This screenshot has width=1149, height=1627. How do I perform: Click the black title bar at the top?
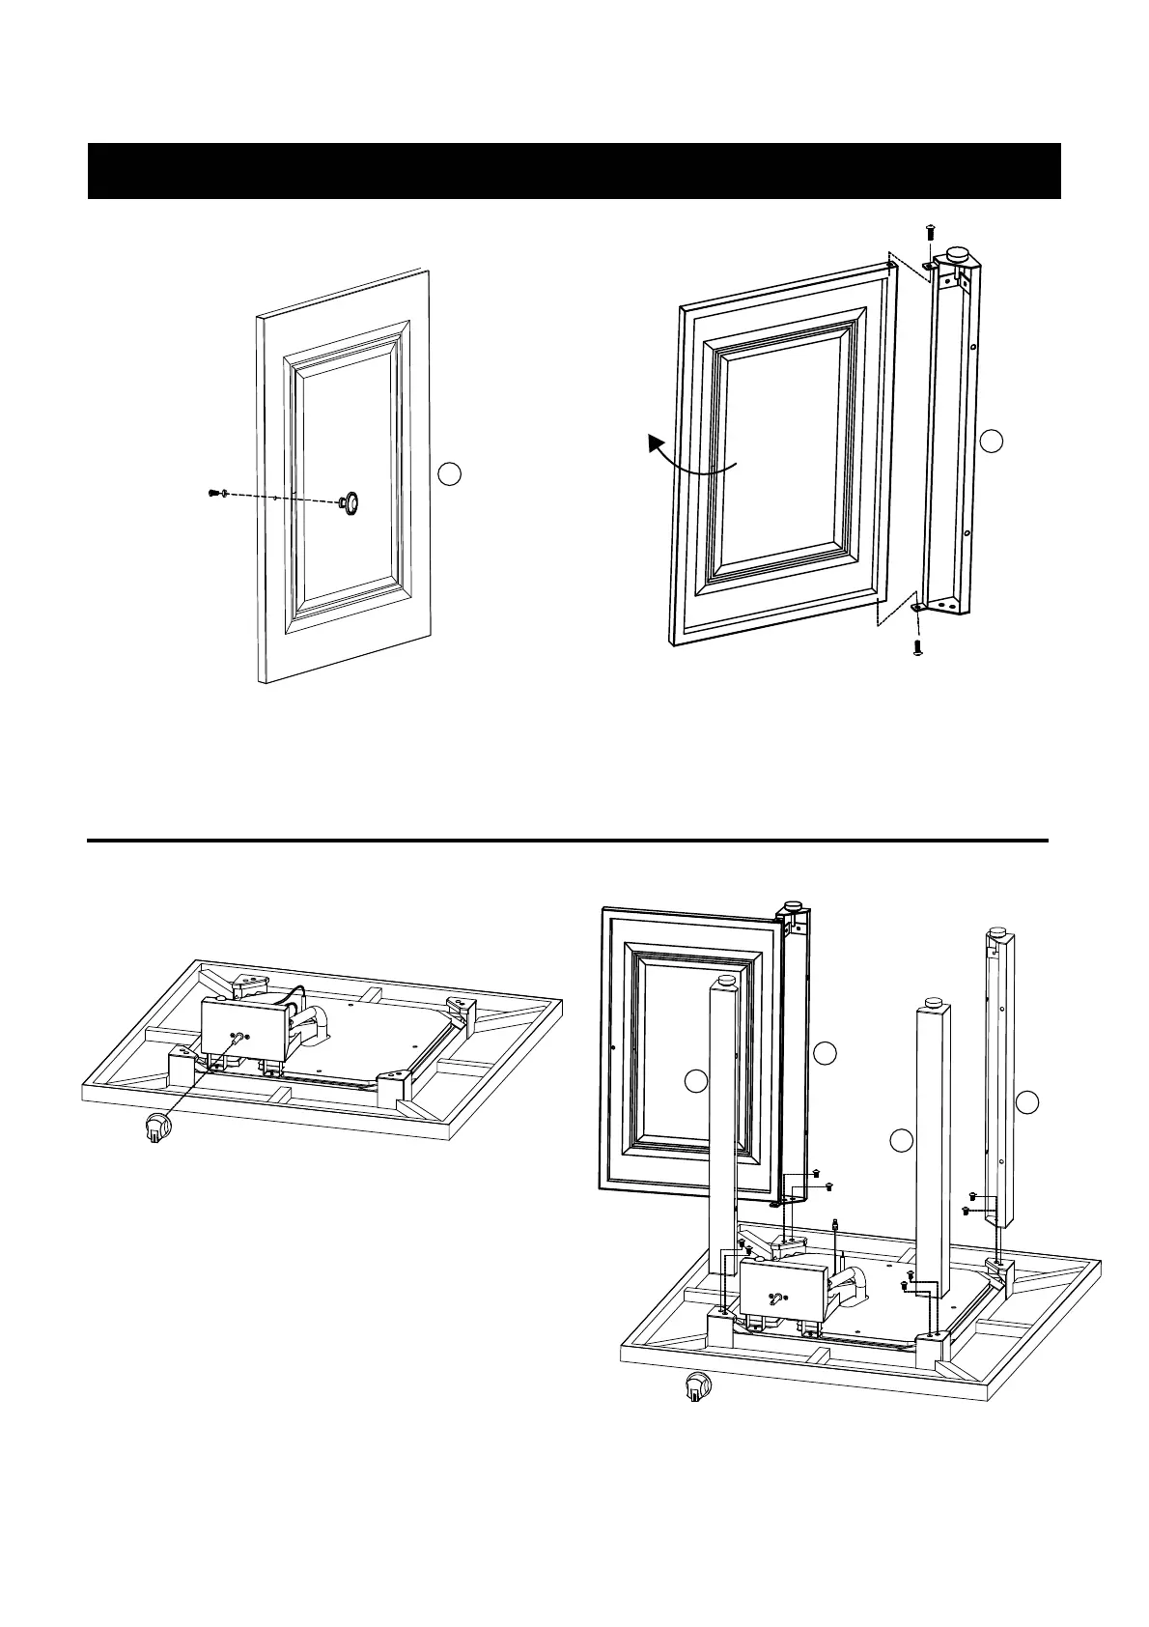point(574,171)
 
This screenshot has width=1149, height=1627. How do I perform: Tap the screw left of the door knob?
point(214,494)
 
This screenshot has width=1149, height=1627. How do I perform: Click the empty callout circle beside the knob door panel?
point(448,473)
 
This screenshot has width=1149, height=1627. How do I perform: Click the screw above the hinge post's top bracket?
point(929,230)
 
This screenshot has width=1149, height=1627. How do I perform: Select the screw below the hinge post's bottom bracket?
point(918,646)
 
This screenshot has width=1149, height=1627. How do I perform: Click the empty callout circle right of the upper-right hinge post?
point(992,442)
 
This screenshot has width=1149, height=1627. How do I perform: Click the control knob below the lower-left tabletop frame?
point(155,1127)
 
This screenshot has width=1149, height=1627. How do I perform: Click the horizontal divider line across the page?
point(568,841)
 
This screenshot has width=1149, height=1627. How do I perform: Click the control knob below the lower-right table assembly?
point(694,1388)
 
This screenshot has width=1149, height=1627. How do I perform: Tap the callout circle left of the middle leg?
point(901,1141)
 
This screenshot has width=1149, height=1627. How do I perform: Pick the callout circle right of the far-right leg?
point(1029,1100)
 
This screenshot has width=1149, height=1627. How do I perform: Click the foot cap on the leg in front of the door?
point(726,981)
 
